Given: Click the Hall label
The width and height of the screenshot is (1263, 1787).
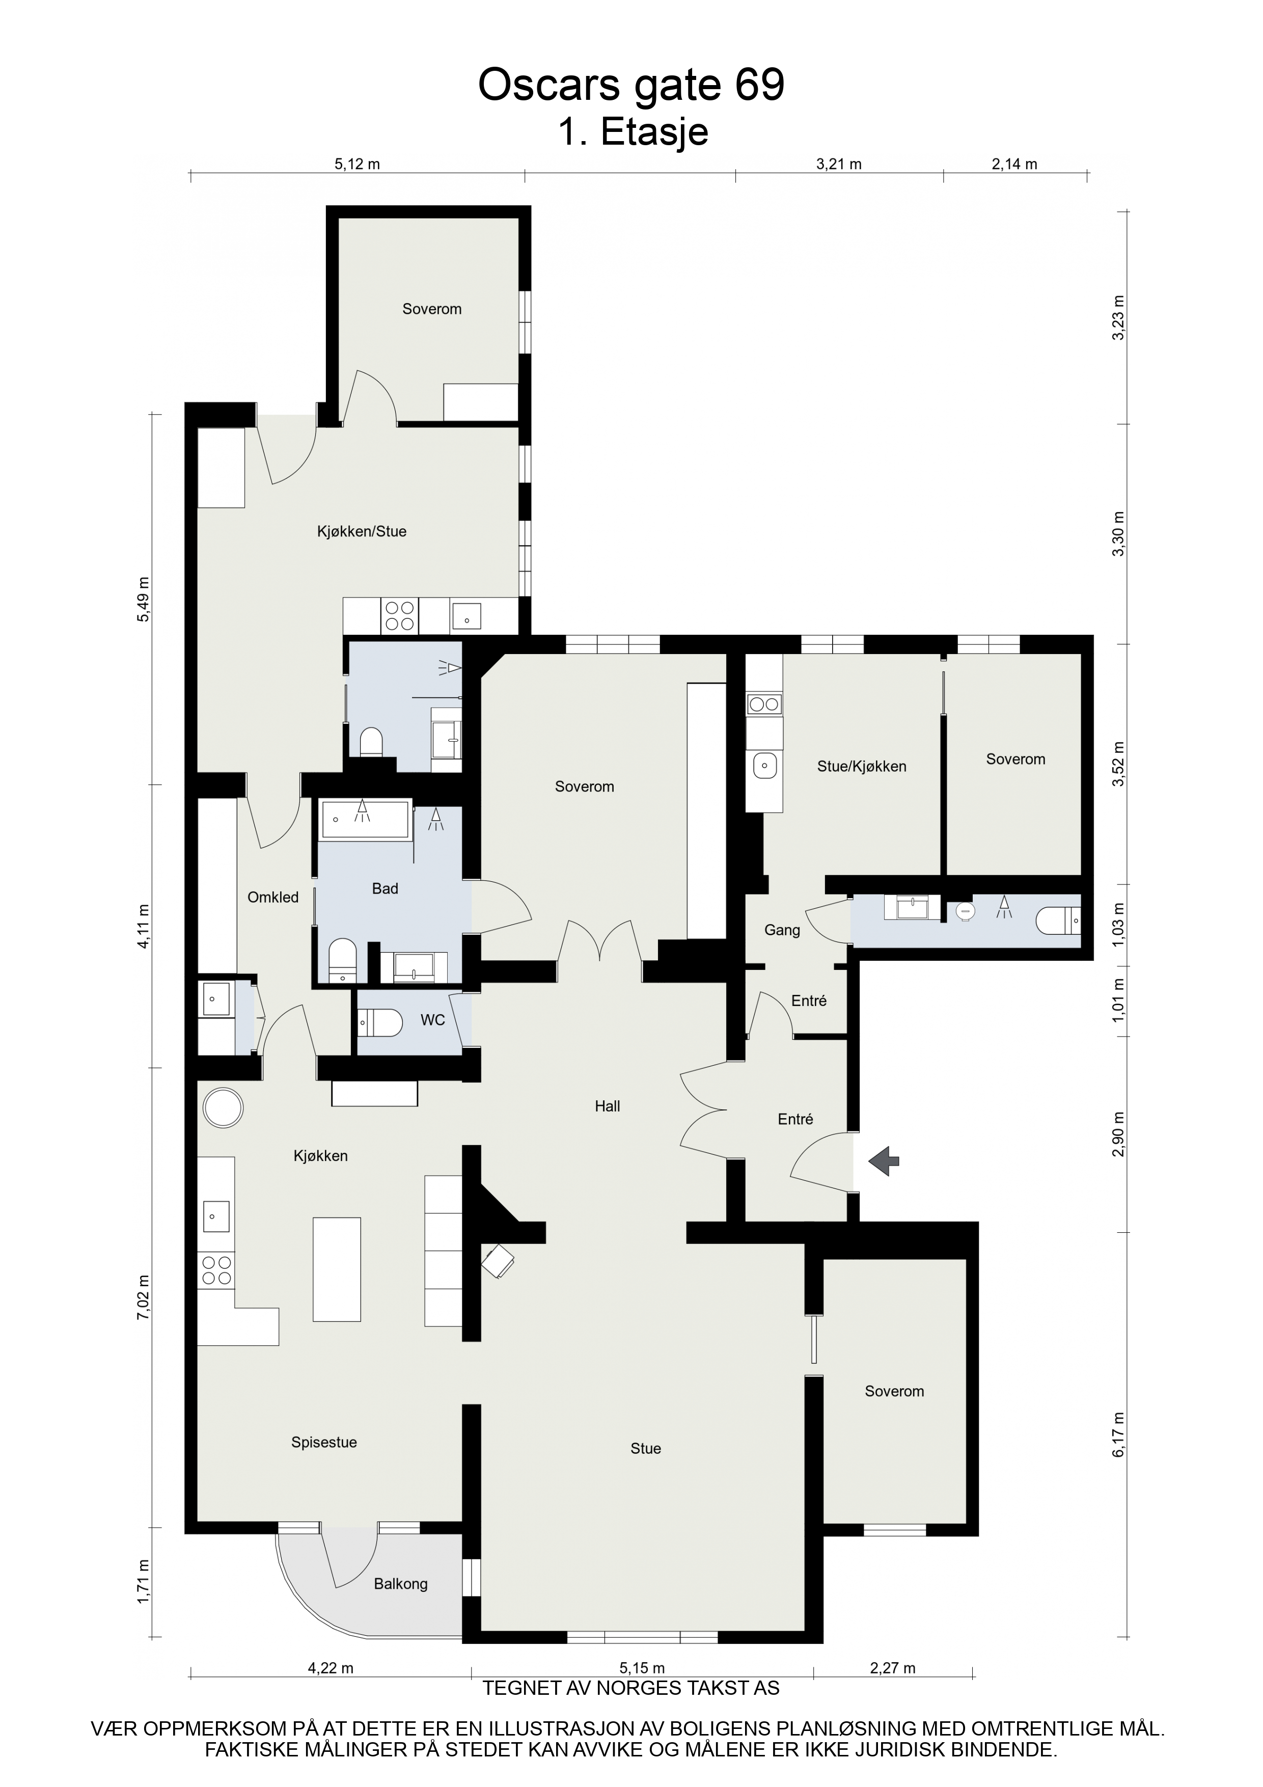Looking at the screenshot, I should point(607,1106).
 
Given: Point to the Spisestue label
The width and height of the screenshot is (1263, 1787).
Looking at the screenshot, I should point(324,1442).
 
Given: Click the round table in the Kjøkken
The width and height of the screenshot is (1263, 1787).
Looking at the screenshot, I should point(224,1107).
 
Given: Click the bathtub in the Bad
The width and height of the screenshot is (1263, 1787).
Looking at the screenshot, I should point(365,819).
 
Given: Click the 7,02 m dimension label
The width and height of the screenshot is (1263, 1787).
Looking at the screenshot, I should point(143,1296).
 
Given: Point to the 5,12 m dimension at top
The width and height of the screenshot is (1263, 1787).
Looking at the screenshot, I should point(357,164).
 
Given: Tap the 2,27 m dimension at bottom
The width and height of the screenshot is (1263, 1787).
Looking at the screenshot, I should point(893,1668).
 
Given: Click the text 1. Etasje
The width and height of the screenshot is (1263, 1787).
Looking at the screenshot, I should point(633,132).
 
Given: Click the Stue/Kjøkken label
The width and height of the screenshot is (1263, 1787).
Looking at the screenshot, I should point(862,767).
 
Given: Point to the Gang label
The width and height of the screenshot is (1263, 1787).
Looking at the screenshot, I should point(782,930).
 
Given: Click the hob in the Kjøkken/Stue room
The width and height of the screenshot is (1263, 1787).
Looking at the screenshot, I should point(400,616).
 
